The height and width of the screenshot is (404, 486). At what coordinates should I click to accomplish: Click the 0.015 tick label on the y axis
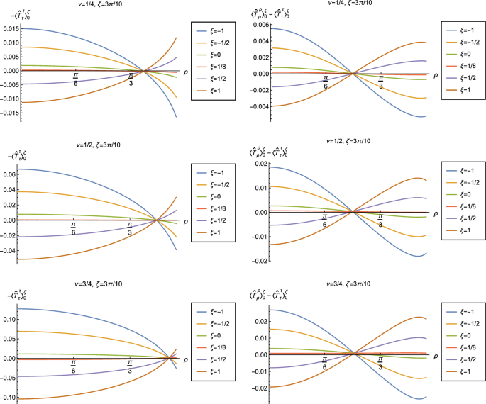(x=12, y=28)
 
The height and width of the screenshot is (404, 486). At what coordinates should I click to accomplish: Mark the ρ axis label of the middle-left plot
(x=186, y=220)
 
